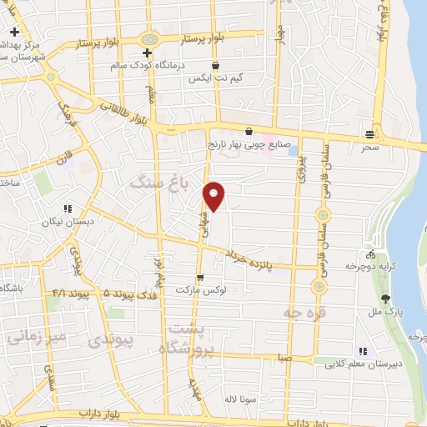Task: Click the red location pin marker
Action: tap(215, 196)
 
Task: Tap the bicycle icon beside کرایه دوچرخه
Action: tap(370, 254)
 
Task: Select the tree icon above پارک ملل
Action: tap(384, 299)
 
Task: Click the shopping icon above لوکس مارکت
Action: tap(200, 278)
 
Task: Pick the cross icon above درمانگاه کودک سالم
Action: tap(146, 53)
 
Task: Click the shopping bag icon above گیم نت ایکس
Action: tap(216, 65)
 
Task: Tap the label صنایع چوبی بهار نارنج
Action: tap(249, 143)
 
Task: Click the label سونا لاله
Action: tap(239, 399)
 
